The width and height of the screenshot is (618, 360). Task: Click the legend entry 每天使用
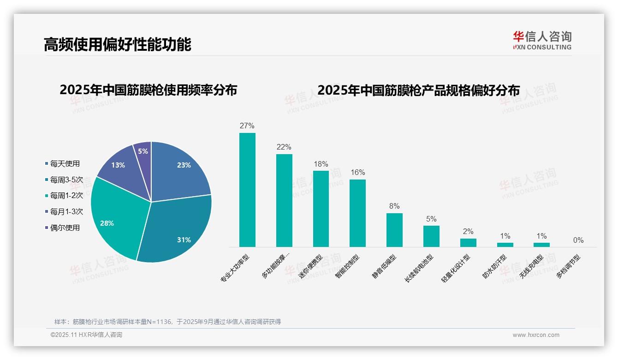(65, 163)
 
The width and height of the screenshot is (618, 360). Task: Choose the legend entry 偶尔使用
(65, 228)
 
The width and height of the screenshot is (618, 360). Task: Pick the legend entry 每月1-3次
(66, 211)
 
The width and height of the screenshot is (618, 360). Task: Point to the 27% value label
(247, 126)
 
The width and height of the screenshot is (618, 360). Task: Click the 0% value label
(578, 240)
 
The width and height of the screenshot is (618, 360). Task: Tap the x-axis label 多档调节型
(568, 267)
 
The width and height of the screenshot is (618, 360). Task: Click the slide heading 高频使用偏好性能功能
(117, 44)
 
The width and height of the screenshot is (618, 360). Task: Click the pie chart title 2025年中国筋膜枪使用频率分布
(148, 90)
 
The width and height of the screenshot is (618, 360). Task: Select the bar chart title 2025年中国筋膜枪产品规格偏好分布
(418, 90)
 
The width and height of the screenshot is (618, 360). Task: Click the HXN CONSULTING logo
(542, 41)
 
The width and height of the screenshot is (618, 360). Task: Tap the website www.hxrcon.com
(536, 335)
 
